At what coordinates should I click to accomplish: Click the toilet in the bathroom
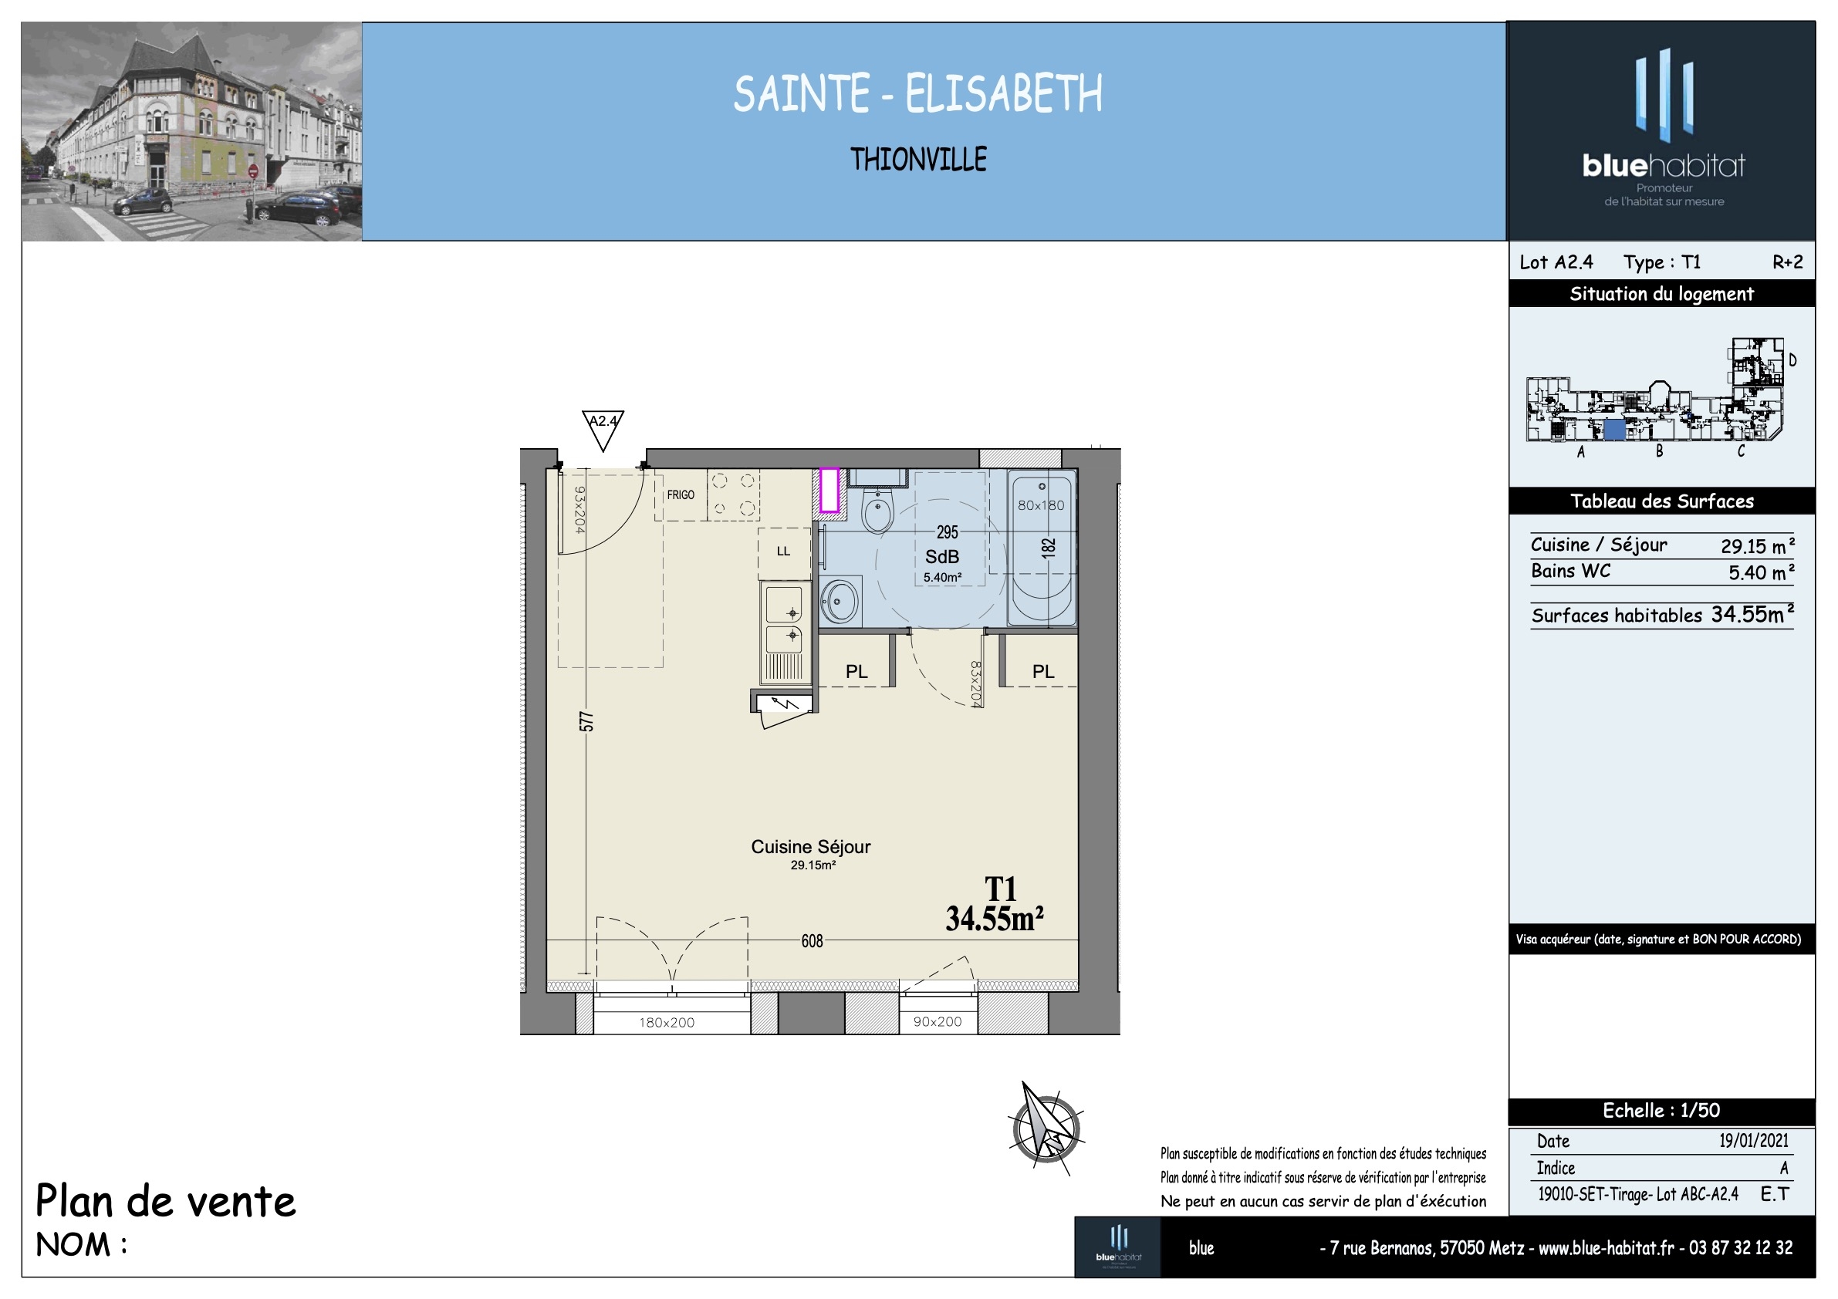(x=878, y=511)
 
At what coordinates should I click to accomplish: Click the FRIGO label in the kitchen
(x=681, y=494)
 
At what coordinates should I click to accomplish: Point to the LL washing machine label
(x=783, y=551)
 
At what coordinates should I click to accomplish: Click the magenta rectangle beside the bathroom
(x=829, y=490)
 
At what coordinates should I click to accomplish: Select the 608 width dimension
(x=812, y=940)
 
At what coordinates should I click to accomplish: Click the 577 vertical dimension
(x=586, y=721)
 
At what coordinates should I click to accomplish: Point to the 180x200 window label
(x=667, y=1022)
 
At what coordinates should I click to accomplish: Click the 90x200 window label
(x=938, y=1021)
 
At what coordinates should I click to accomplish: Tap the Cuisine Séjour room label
(x=810, y=847)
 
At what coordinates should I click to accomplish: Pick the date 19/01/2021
(x=1753, y=1141)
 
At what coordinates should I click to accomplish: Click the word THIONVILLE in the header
(x=918, y=159)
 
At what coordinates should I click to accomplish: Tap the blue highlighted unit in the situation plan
(x=1615, y=430)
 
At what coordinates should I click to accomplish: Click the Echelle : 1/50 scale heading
(x=1661, y=1111)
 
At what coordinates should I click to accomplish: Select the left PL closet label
(x=856, y=672)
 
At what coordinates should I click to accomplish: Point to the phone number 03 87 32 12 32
(x=1740, y=1248)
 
